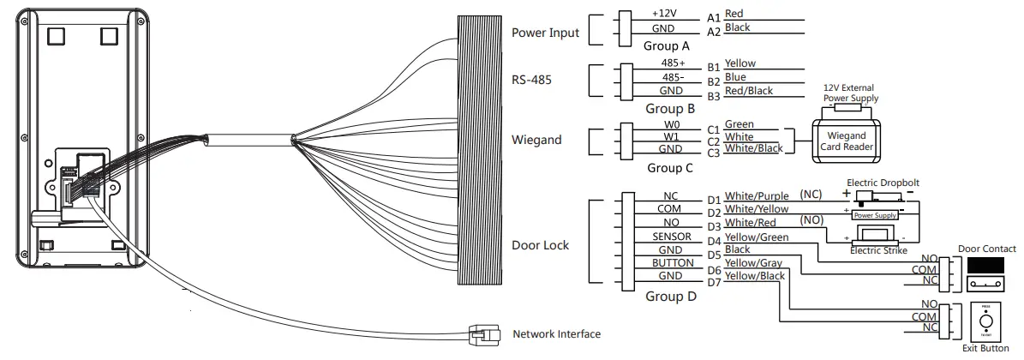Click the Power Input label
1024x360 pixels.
click(x=545, y=33)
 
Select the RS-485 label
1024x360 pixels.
click(x=531, y=81)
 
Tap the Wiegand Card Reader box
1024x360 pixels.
click(x=846, y=141)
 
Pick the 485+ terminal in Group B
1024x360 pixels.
click(x=672, y=63)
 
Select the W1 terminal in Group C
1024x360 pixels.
click(x=672, y=136)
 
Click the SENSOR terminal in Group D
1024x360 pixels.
click(x=671, y=236)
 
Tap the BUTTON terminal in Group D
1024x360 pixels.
click(x=671, y=262)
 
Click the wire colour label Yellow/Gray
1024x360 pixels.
click(x=753, y=262)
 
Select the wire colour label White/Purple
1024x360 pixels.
click(x=757, y=196)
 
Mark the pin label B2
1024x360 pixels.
click(x=714, y=81)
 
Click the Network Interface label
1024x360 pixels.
click(x=556, y=334)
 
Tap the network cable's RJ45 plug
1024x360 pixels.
click(x=481, y=333)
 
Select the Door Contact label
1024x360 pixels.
click(x=986, y=249)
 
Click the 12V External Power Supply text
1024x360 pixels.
click(x=850, y=93)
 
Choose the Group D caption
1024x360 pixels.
click(x=671, y=297)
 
